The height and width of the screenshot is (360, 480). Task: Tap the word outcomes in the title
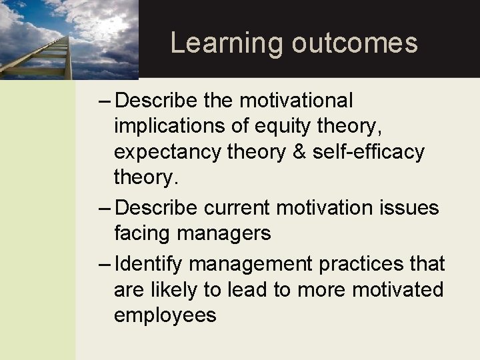pyautogui.click(x=355, y=42)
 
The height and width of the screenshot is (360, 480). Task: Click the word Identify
pyautogui.click(x=149, y=264)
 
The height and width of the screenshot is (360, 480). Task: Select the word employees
pyautogui.click(x=165, y=315)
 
